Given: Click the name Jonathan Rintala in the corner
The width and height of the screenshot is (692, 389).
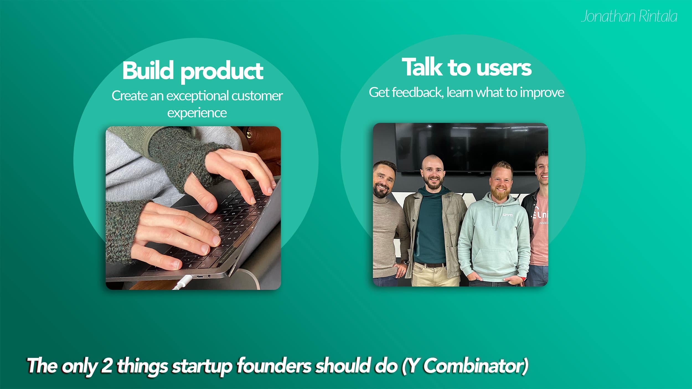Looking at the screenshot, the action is coord(629,16).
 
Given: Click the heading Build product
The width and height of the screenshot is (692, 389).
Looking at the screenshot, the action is coord(193,71).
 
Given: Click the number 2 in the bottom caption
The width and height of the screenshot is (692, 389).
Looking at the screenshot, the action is coord(107,365).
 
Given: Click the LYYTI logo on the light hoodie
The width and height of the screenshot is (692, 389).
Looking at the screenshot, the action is coord(508,215).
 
